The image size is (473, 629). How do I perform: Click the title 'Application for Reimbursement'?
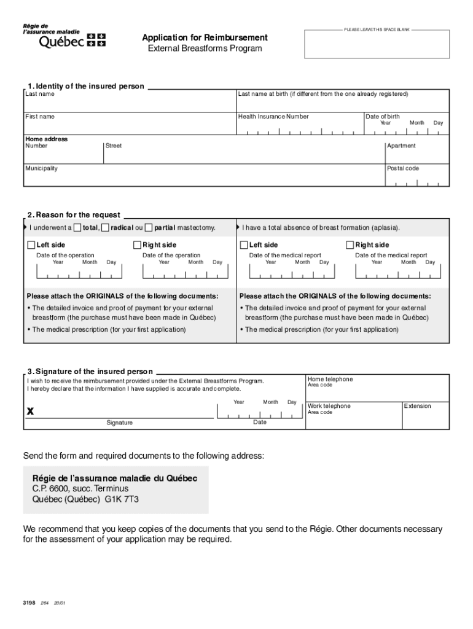pyautogui.click(x=205, y=37)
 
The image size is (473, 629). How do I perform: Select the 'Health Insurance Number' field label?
pyautogui.click(x=273, y=117)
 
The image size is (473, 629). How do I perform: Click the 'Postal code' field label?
pyautogui.click(x=402, y=168)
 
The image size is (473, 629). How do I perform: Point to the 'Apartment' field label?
pyautogui.click(x=401, y=146)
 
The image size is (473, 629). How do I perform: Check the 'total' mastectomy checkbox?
pyautogui.click(x=77, y=228)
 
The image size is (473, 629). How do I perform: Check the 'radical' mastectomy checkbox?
pyautogui.click(x=106, y=228)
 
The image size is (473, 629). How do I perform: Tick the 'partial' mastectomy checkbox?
pyautogui.click(x=149, y=228)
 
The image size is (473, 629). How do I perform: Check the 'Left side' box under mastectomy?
pyautogui.click(x=31, y=245)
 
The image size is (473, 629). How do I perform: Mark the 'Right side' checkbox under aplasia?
pyautogui.click(x=350, y=245)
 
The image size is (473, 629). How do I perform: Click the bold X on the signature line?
pyautogui.click(x=29, y=412)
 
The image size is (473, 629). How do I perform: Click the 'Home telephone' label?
pyautogui.click(x=330, y=380)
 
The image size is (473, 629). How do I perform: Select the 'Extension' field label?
pyautogui.click(x=417, y=406)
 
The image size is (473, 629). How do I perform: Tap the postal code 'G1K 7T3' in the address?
pyautogui.click(x=122, y=499)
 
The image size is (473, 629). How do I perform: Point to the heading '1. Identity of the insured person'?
pyautogui.click(x=85, y=86)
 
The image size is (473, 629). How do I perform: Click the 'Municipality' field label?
pyautogui.click(x=41, y=168)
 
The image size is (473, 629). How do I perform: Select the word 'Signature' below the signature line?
pyautogui.click(x=119, y=423)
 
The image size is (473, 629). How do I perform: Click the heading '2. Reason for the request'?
pyautogui.click(x=74, y=215)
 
